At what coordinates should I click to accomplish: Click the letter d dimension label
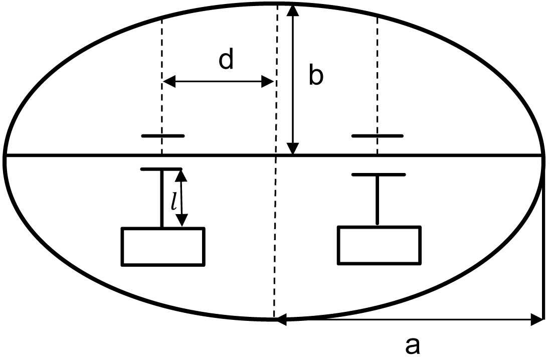[x=226, y=60]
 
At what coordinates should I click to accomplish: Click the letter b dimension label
[x=316, y=76]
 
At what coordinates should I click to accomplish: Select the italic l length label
[x=173, y=202]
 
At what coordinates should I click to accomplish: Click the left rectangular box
[x=163, y=246]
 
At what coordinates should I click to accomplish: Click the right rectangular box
[x=379, y=245]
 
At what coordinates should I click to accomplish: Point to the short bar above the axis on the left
[x=163, y=136]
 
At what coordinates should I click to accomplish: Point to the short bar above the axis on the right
[x=378, y=136]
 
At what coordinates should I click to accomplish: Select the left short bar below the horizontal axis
[x=161, y=169]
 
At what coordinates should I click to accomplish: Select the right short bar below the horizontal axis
[x=378, y=174]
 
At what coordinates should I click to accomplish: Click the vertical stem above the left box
[x=161, y=199]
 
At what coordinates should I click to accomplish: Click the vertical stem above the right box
[x=378, y=200]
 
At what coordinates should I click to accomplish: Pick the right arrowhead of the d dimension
[x=267, y=82]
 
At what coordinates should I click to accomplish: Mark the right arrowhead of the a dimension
[x=537, y=319]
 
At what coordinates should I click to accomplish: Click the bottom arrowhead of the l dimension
[x=182, y=220]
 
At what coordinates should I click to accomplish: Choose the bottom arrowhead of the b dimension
[x=293, y=149]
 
